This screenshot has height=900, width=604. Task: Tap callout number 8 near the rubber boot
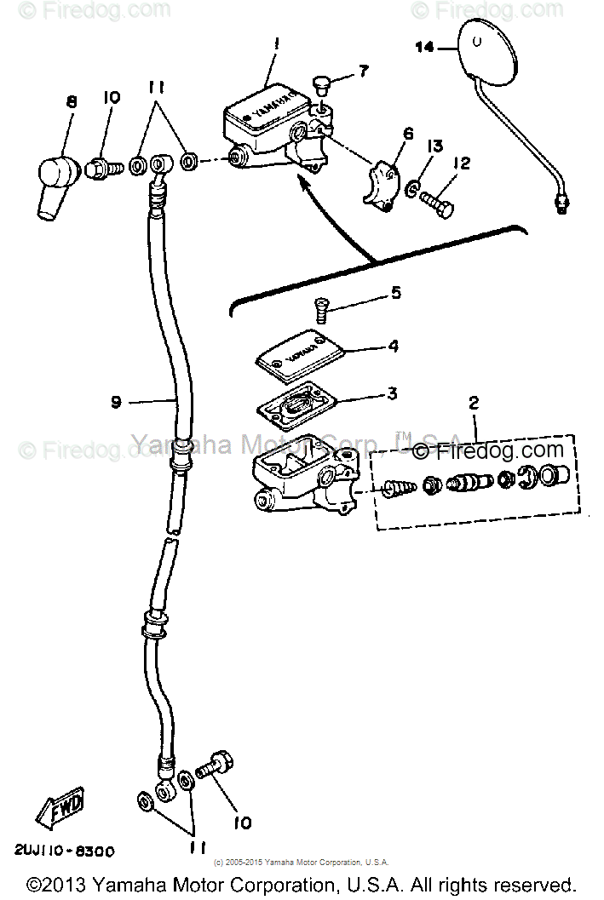[x=71, y=100]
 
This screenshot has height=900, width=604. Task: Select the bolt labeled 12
[x=435, y=201]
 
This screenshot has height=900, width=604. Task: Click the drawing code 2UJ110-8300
[x=64, y=851]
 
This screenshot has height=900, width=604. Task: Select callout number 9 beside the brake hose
[x=116, y=402]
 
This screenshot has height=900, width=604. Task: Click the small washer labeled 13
[x=413, y=187]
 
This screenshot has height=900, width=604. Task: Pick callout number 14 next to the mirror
[x=424, y=48]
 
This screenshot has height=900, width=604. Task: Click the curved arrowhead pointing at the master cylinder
[x=302, y=179]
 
